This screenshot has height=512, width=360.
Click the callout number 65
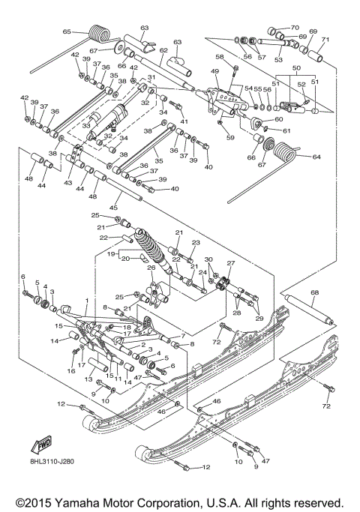click(x=66, y=31)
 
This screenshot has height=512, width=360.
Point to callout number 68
click(x=314, y=292)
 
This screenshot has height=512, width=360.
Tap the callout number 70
click(x=294, y=26)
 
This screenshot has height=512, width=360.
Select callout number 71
click(x=325, y=39)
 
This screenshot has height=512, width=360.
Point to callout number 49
click(x=214, y=71)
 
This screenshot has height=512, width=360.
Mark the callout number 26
click(x=150, y=268)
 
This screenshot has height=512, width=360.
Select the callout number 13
click(x=87, y=380)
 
